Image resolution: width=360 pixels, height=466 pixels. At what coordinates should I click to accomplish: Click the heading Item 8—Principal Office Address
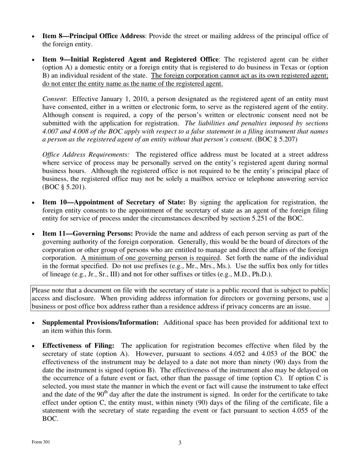point(93,36)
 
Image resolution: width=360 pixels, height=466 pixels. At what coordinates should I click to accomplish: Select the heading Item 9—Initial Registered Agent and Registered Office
point(130,59)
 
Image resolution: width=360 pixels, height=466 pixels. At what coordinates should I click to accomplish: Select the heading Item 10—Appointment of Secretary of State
point(113,202)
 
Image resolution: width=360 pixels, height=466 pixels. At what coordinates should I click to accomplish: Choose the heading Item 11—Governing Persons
point(88,234)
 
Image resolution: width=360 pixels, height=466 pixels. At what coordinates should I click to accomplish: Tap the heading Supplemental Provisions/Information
point(100,323)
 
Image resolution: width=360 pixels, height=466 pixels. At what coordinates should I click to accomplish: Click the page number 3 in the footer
point(180,443)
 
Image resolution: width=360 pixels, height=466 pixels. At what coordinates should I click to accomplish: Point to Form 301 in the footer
point(41,442)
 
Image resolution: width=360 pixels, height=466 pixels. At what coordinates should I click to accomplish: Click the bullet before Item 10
point(34,203)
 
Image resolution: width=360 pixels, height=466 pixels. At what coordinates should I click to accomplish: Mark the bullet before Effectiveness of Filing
point(34,346)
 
